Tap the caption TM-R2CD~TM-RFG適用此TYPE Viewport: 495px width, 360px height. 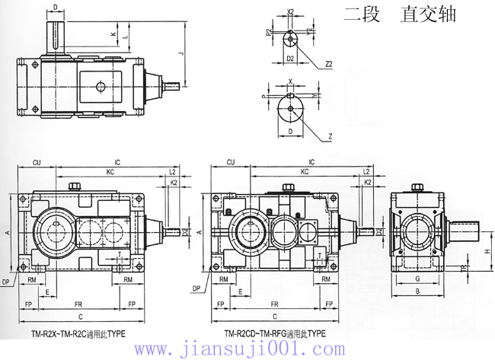click(275, 333)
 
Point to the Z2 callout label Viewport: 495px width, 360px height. click(328, 65)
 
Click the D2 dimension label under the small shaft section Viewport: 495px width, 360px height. click(290, 57)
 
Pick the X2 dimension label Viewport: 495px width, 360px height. click(290, 12)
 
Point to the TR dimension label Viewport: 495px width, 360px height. click(465, 267)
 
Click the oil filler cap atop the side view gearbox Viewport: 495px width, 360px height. click(417, 186)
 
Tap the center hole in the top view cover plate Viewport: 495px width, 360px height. click(99, 87)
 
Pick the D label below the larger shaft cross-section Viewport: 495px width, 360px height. click(290, 131)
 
